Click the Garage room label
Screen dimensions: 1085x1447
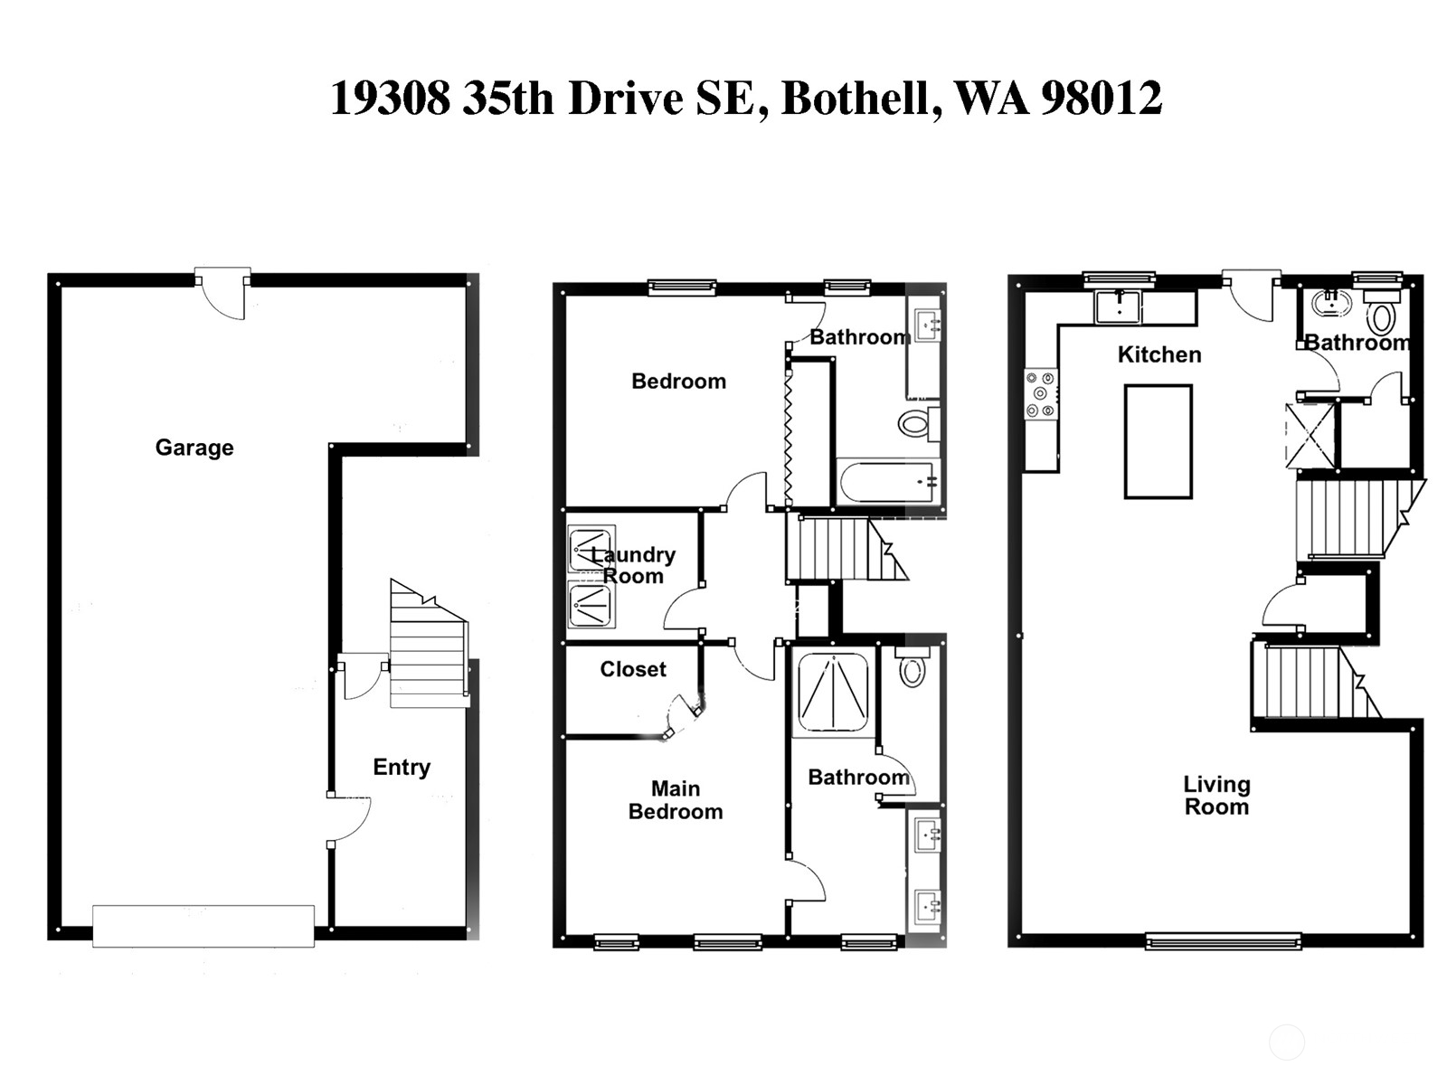pyautogui.click(x=194, y=448)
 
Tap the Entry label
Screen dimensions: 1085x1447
pyautogui.click(x=402, y=768)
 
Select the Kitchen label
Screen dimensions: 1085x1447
pyautogui.click(x=1159, y=354)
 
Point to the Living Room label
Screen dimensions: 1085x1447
pyautogui.click(x=1216, y=796)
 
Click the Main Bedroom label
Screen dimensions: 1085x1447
pyautogui.click(x=676, y=800)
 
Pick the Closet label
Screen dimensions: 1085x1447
pyautogui.click(x=633, y=669)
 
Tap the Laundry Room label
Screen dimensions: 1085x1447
pyautogui.click(x=633, y=565)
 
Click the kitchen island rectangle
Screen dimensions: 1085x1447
pyautogui.click(x=1158, y=441)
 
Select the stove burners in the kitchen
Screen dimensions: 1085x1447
pyautogui.click(x=1040, y=393)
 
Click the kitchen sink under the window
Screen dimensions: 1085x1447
pyautogui.click(x=1119, y=307)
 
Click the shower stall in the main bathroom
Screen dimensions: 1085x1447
pyautogui.click(x=833, y=692)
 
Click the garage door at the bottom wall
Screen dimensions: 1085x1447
pyautogui.click(x=203, y=926)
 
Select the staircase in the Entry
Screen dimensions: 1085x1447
pyautogui.click(x=427, y=644)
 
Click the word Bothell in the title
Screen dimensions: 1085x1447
pyautogui.click(x=856, y=99)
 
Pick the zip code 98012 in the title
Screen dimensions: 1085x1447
pyautogui.click(x=1101, y=99)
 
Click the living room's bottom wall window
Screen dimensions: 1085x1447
pyautogui.click(x=1223, y=941)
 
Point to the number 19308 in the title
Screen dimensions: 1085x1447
pyautogui.click(x=390, y=99)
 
